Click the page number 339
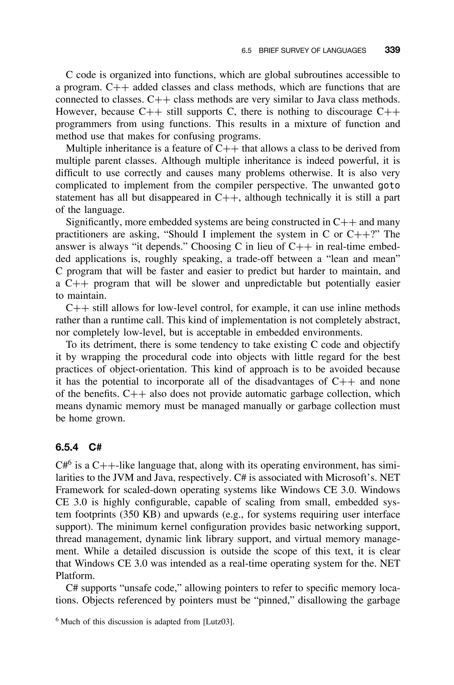click(392, 50)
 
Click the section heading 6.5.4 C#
click(78, 447)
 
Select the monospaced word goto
click(389, 185)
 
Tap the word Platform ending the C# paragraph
click(75, 576)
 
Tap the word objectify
click(382, 345)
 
